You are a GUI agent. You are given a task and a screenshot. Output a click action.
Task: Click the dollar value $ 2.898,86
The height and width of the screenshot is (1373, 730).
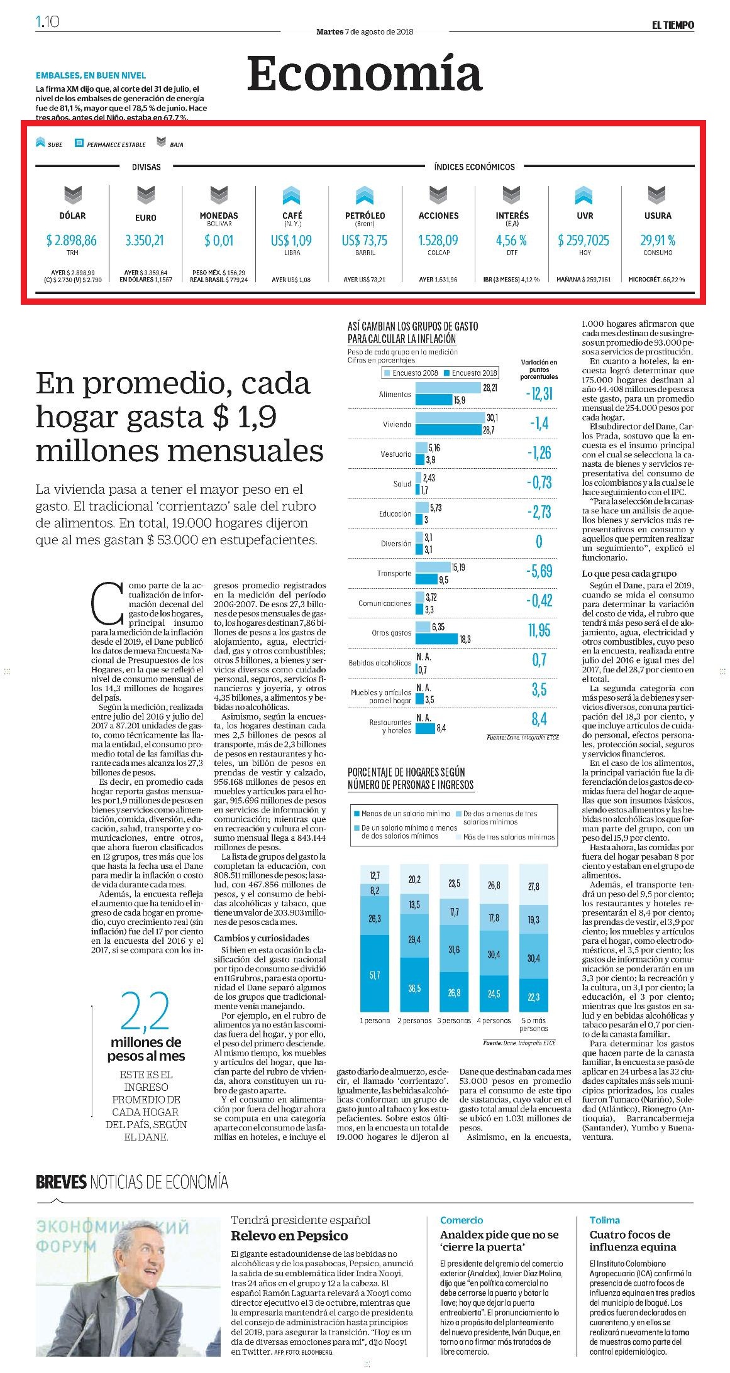[x=72, y=240]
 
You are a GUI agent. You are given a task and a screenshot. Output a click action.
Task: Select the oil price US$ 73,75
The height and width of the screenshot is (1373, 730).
[x=365, y=240]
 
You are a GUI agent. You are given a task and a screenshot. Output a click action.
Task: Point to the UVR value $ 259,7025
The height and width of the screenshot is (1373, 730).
[x=583, y=240]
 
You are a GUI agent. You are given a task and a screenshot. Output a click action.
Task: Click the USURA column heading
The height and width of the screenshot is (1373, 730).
[x=658, y=216]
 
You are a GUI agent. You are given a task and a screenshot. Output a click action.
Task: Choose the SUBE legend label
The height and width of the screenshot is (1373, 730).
[x=55, y=145]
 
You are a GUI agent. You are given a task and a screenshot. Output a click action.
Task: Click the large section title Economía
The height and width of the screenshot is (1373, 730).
[x=365, y=74]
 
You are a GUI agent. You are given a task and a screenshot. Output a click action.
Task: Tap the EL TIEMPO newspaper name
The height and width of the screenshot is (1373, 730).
[x=673, y=25]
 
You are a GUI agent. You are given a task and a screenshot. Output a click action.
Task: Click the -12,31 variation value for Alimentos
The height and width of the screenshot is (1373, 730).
[x=539, y=393]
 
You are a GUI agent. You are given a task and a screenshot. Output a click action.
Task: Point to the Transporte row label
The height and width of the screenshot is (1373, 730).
[x=394, y=573]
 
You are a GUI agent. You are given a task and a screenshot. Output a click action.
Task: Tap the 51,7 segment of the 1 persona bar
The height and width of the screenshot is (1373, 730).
[x=375, y=975]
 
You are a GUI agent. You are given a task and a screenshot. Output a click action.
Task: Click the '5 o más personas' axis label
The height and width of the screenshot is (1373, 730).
[x=534, y=1024]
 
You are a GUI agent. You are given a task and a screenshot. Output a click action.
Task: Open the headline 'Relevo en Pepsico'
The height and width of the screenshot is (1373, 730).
[x=289, y=1236]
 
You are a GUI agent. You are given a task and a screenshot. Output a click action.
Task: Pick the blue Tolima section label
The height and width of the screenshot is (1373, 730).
[x=604, y=1220]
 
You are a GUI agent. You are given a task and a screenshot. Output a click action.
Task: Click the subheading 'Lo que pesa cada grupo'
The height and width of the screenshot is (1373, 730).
[x=629, y=573]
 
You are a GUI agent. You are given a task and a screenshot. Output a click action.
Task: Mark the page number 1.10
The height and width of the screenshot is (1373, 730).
[x=48, y=21]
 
